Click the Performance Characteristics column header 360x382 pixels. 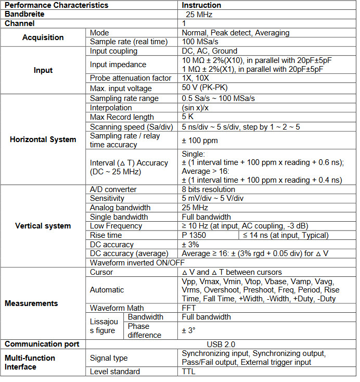[x=57, y=5]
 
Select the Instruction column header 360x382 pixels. [x=201, y=5]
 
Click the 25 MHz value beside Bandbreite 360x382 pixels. [x=197, y=15]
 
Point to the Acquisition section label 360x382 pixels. [x=43, y=37]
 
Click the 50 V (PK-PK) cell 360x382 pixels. [x=206, y=87]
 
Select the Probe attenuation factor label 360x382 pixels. [x=131, y=78]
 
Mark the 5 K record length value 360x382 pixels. [x=188, y=117]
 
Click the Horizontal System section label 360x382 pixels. [x=43, y=139]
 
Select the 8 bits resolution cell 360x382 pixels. [x=208, y=189]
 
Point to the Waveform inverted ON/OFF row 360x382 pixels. [x=137, y=263]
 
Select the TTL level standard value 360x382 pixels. [x=189, y=372]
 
